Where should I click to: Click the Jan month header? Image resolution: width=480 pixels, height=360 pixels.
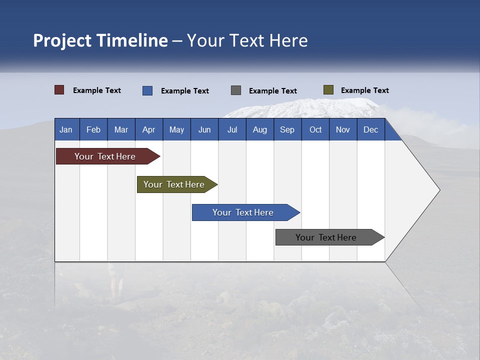66,129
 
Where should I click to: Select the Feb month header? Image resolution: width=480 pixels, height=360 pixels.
93,129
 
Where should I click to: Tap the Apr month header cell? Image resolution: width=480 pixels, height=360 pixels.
149,129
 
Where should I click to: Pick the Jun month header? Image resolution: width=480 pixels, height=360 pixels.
204,129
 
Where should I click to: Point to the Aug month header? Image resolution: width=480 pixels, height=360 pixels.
260,129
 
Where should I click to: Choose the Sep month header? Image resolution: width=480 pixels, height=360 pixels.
287,129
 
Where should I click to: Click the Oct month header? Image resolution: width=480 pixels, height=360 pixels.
315,129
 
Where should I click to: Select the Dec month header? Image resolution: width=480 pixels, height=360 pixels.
371,129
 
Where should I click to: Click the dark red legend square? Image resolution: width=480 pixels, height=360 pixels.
59,90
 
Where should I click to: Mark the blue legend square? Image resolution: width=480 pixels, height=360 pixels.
147,90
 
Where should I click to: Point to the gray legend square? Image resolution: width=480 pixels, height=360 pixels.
236,90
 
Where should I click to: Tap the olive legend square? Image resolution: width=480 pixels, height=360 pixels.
328,90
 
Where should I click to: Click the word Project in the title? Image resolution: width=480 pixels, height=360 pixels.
62,40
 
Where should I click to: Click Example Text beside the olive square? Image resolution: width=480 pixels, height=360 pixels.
364,90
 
